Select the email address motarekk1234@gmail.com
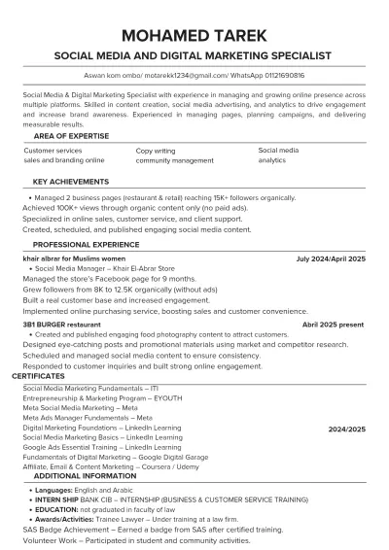pyautogui.click(x=187, y=75)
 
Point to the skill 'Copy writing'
pyautogui.click(x=156, y=152)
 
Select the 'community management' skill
pyautogui.click(x=174, y=160)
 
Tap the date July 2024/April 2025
pyautogui.click(x=331, y=260)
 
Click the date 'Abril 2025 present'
pyautogui.click(x=333, y=324)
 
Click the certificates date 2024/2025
pyautogui.click(x=346, y=429)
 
